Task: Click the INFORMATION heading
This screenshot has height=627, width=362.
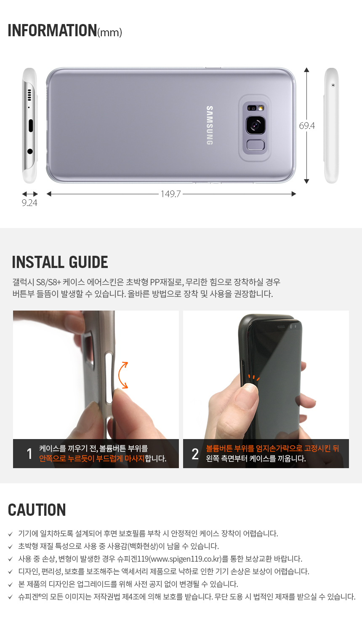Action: click(x=52, y=30)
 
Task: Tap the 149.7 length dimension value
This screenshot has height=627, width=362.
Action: click(x=170, y=194)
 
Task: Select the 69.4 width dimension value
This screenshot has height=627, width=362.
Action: click(x=307, y=126)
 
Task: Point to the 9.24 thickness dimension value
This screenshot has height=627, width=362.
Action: click(x=29, y=203)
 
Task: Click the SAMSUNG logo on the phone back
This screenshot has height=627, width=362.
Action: click(x=210, y=125)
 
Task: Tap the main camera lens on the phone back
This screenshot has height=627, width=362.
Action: click(x=256, y=125)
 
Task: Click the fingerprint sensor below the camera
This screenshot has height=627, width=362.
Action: click(x=256, y=145)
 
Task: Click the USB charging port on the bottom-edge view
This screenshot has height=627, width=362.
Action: click(x=30, y=126)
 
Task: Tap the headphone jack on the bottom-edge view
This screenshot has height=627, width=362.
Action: click(x=30, y=151)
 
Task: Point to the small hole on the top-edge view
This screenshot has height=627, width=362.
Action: click(x=333, y=85)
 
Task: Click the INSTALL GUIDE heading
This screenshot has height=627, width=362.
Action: click(x=60, y=262)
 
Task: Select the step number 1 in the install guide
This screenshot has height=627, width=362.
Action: click(x=29, y=453)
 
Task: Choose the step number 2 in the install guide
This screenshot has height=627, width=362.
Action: click(x=195, y=454)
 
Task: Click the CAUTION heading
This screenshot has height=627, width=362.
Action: click(x=37, y=510)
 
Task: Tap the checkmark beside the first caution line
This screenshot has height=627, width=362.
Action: click(x=11, y=534)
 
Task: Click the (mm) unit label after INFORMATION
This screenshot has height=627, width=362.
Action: click(x=109, y=32)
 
